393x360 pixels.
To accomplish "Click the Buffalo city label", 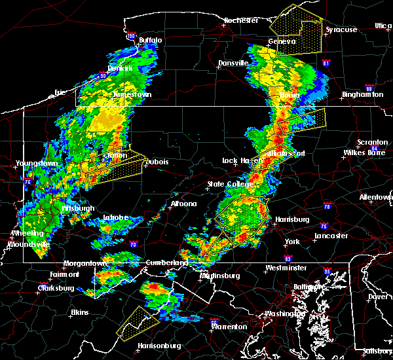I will tap(150, 41).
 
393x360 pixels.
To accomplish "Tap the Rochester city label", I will tap(240, 20).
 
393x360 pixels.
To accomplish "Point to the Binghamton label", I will tap(362, 95).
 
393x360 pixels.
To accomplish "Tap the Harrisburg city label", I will tap(291, 219).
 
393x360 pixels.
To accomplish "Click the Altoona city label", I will tap(183, 204).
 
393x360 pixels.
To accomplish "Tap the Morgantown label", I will tap(84, 264).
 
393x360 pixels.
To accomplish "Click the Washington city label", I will tap(285, 314).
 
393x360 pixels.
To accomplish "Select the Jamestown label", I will tap(132, 94).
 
